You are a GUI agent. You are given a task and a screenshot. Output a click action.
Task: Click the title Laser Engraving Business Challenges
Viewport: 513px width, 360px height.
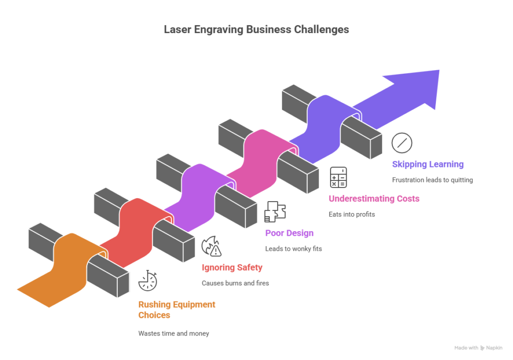(x=256, y=30)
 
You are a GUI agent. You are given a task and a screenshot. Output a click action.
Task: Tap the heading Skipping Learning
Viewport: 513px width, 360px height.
(x=427, y=164)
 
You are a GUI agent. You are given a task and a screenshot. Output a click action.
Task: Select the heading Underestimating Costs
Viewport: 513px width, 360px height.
(x=374, y=199)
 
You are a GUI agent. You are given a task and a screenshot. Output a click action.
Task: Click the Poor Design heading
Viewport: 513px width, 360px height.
(x=289, y=233)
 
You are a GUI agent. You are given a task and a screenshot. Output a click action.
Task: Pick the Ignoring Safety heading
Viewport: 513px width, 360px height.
(x=232, y=268)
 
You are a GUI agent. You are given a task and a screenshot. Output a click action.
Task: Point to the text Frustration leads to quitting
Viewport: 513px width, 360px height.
(x=432, y=180)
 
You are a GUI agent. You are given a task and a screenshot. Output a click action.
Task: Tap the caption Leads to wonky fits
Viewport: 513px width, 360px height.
(x=293, y=249)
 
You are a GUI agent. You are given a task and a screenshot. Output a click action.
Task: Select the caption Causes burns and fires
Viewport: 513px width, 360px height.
(x=235, y=283)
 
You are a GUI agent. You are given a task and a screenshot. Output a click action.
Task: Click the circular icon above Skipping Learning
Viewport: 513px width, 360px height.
(x=402, y=143)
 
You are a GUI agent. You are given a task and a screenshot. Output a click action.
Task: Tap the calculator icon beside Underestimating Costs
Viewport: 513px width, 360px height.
(x=338, y=177)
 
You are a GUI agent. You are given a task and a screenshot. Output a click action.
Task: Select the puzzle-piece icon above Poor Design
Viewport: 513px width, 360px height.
(x=275, y=212)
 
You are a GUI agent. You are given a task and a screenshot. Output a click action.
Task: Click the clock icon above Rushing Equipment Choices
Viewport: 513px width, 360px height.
(x=148, y=281)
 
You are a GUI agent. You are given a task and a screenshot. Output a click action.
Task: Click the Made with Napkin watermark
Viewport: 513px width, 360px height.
(x=478, y=347)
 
